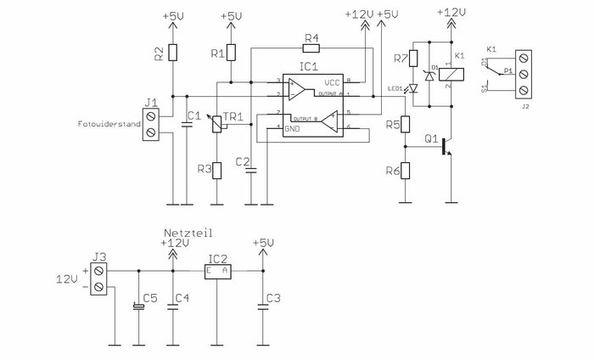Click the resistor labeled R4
pos(311,48)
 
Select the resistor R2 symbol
pos(172,53)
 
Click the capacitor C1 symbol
pos(186,127)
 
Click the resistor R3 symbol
pos(216,170)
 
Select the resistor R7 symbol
pos(413,59)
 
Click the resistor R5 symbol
pos(405,126)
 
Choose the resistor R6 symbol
pos(405,171)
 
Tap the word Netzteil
pos(187,231)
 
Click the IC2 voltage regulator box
pos(217,272)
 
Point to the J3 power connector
pos(99,279)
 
